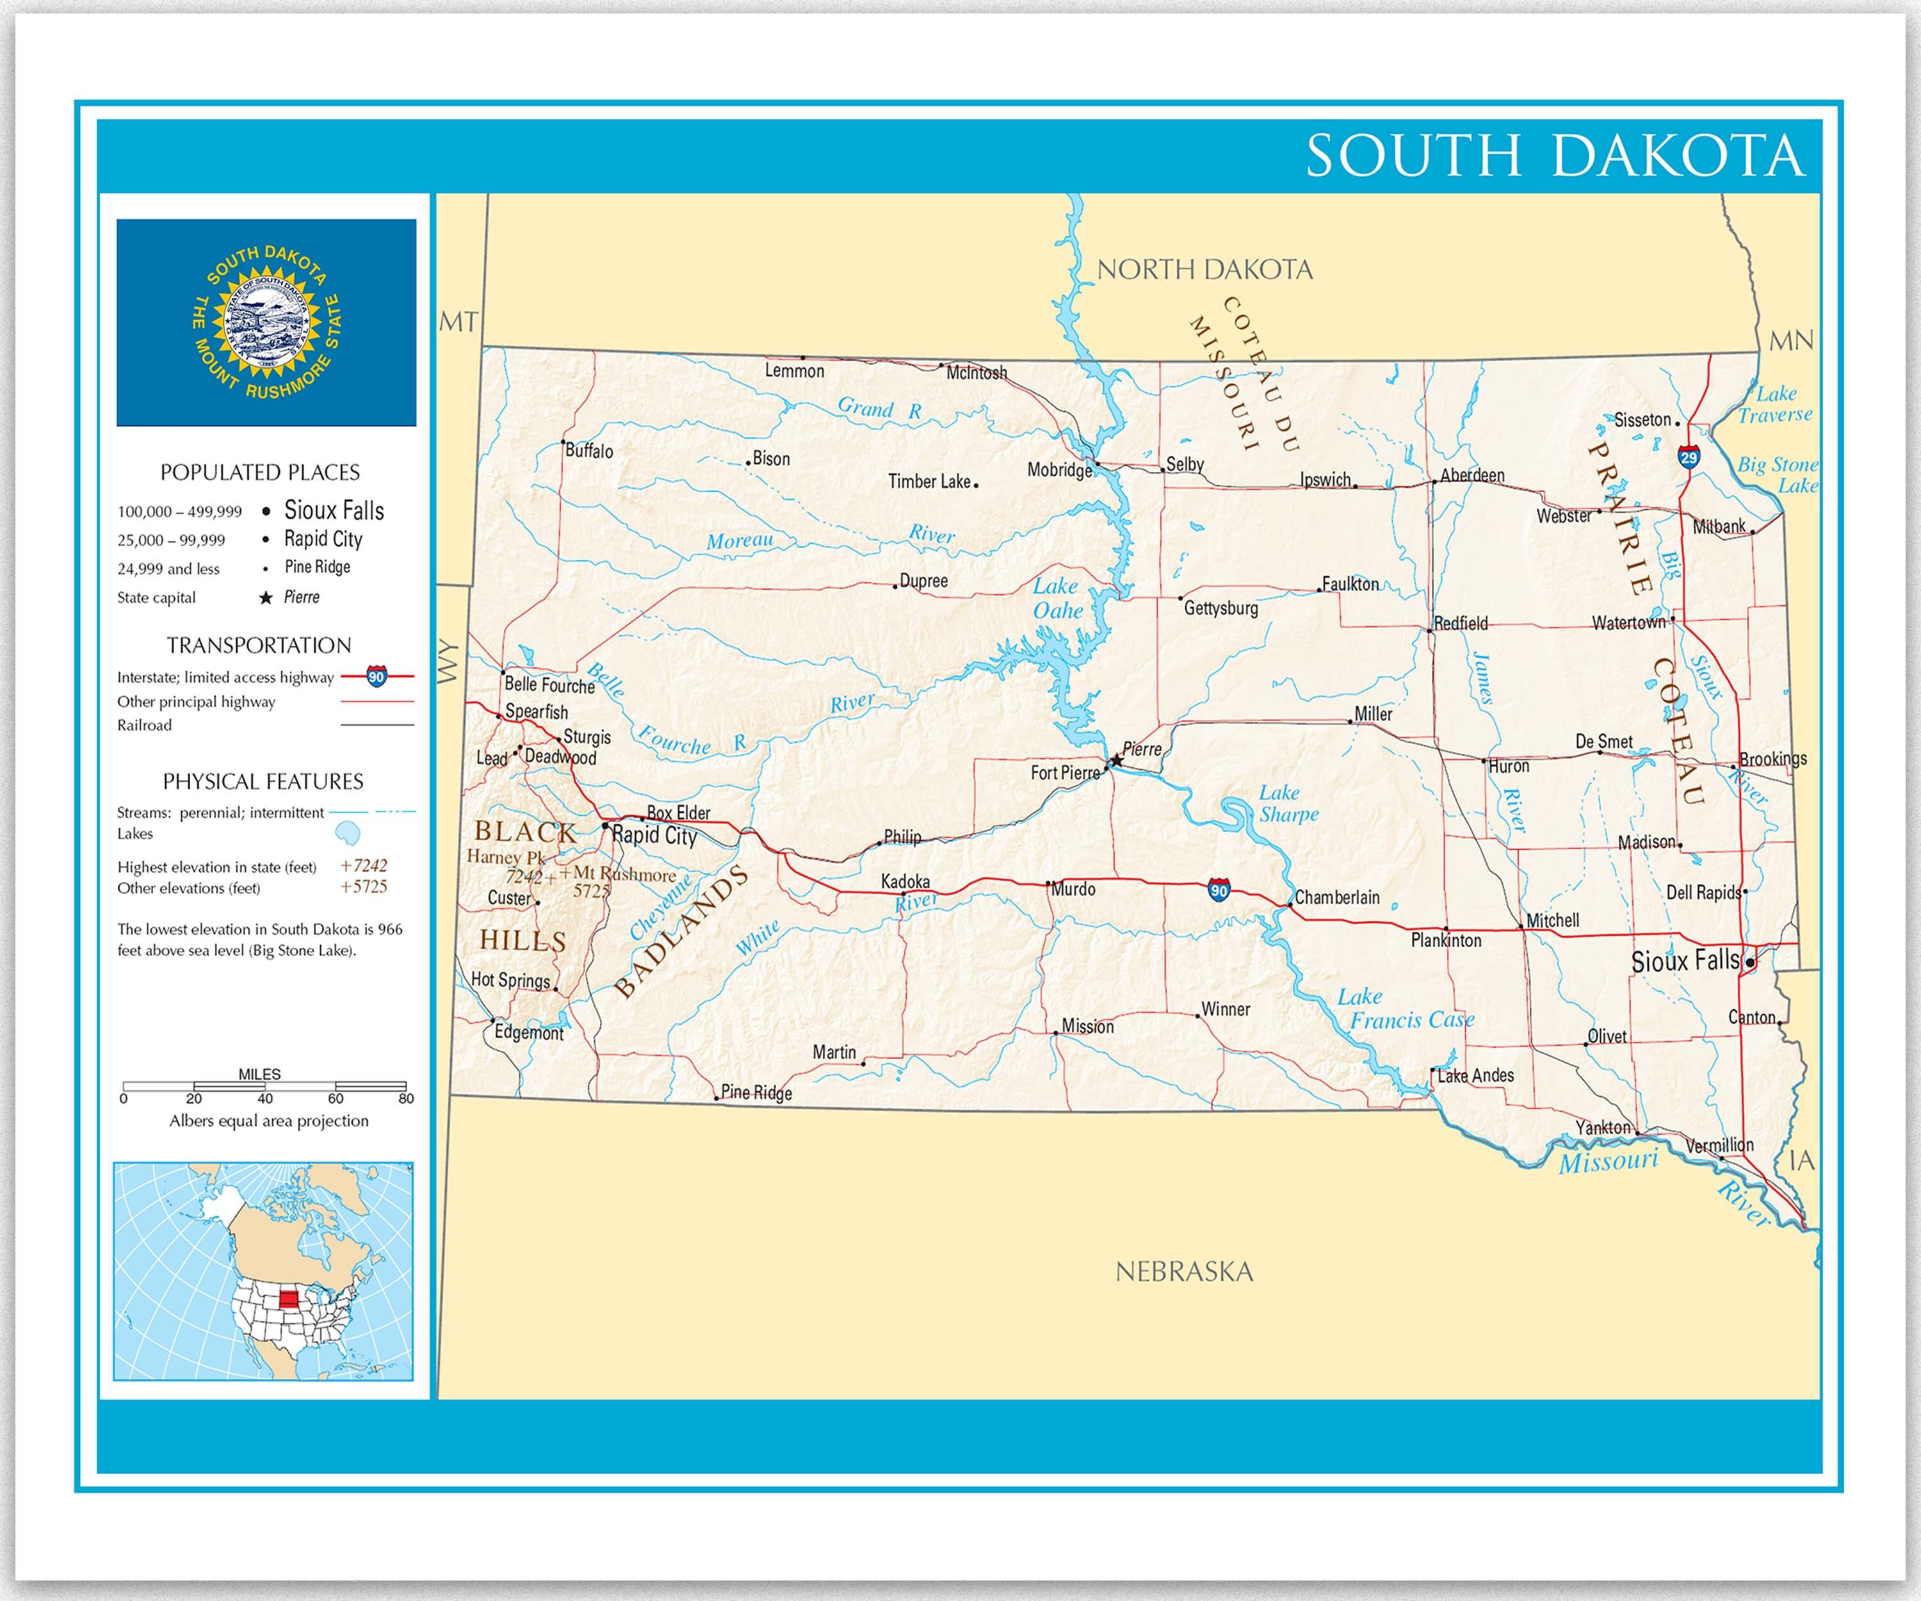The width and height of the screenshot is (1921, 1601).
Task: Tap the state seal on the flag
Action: pyautogui.click(x=266, y=323)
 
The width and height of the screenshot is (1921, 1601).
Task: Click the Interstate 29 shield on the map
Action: pyautogui.click(x=1689, y=457)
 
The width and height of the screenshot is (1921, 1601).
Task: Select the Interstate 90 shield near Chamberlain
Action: pyautogui.click(x=1219, y=890)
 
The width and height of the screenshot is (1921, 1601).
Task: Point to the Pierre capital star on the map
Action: pyautogui.click(x=1116, y=760)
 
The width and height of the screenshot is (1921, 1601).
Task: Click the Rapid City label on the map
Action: pyautogui.click(x=654, y=834)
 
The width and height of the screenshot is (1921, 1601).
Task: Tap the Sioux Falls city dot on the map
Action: pyautogui.click(x=1749, y=963)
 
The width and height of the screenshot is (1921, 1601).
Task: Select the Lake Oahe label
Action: pyautogui.click(x=1057, y=598)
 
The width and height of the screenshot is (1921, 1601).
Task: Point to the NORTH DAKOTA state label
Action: pyautogui.click(x=1204, y=270)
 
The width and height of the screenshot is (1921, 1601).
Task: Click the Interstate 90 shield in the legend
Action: pyautogui.click(x=376, y=677)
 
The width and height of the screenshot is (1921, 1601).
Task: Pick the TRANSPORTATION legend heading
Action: pyautogui.click(x=259, y=645)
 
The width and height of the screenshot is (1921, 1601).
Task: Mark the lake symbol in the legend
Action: pyautogui.click(x=348, y=833)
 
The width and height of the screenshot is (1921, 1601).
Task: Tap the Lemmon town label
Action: pyautogui.click(x=794, y=371)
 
